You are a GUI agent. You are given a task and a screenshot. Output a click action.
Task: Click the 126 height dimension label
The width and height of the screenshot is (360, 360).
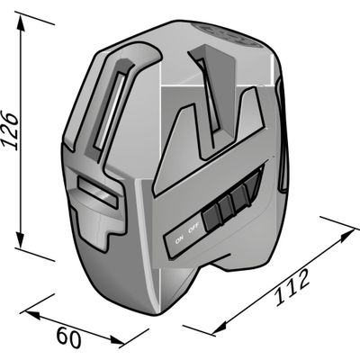point(11,130)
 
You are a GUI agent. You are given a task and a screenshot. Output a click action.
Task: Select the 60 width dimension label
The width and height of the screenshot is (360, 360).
point(69,337)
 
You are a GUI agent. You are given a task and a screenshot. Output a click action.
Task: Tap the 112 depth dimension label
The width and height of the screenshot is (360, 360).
point(292,287)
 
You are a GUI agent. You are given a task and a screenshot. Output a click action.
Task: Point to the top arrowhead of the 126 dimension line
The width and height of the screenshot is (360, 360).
point(21,22)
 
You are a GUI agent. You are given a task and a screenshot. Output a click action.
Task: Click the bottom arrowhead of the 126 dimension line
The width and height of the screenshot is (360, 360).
point(21,239)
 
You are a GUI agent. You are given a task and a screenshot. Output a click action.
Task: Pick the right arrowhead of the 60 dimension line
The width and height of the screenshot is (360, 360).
point(117,340)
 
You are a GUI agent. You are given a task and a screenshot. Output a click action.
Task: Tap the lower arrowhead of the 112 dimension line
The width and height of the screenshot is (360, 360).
point(219,328)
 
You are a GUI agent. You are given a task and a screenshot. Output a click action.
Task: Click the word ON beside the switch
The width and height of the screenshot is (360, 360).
point(179,239)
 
